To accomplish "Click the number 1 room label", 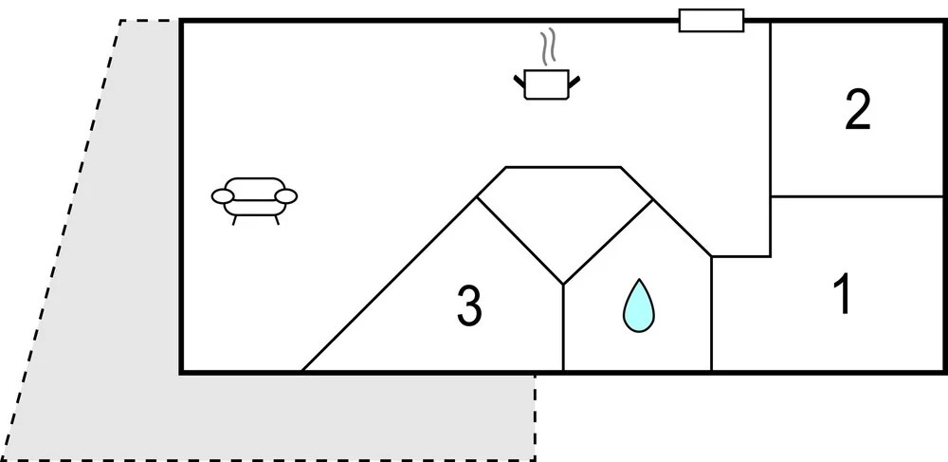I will tap(841, 295).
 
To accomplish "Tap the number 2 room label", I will tap(858, 112).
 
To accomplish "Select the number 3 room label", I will tap(469, 306).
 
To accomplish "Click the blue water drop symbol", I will tap(638, 305).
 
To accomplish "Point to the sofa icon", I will tap(253, 196).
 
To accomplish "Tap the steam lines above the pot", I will tap(547, 47).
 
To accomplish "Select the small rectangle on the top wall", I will tap(711, 20).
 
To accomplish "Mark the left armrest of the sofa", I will tap(222, 196).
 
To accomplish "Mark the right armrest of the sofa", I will tap(285, 196).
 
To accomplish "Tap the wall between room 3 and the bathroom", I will tap(563, 327).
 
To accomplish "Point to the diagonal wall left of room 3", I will tap(389, 285).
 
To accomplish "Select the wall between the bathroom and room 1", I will tap(711, 313).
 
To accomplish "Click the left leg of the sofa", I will tap(234, 219).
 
